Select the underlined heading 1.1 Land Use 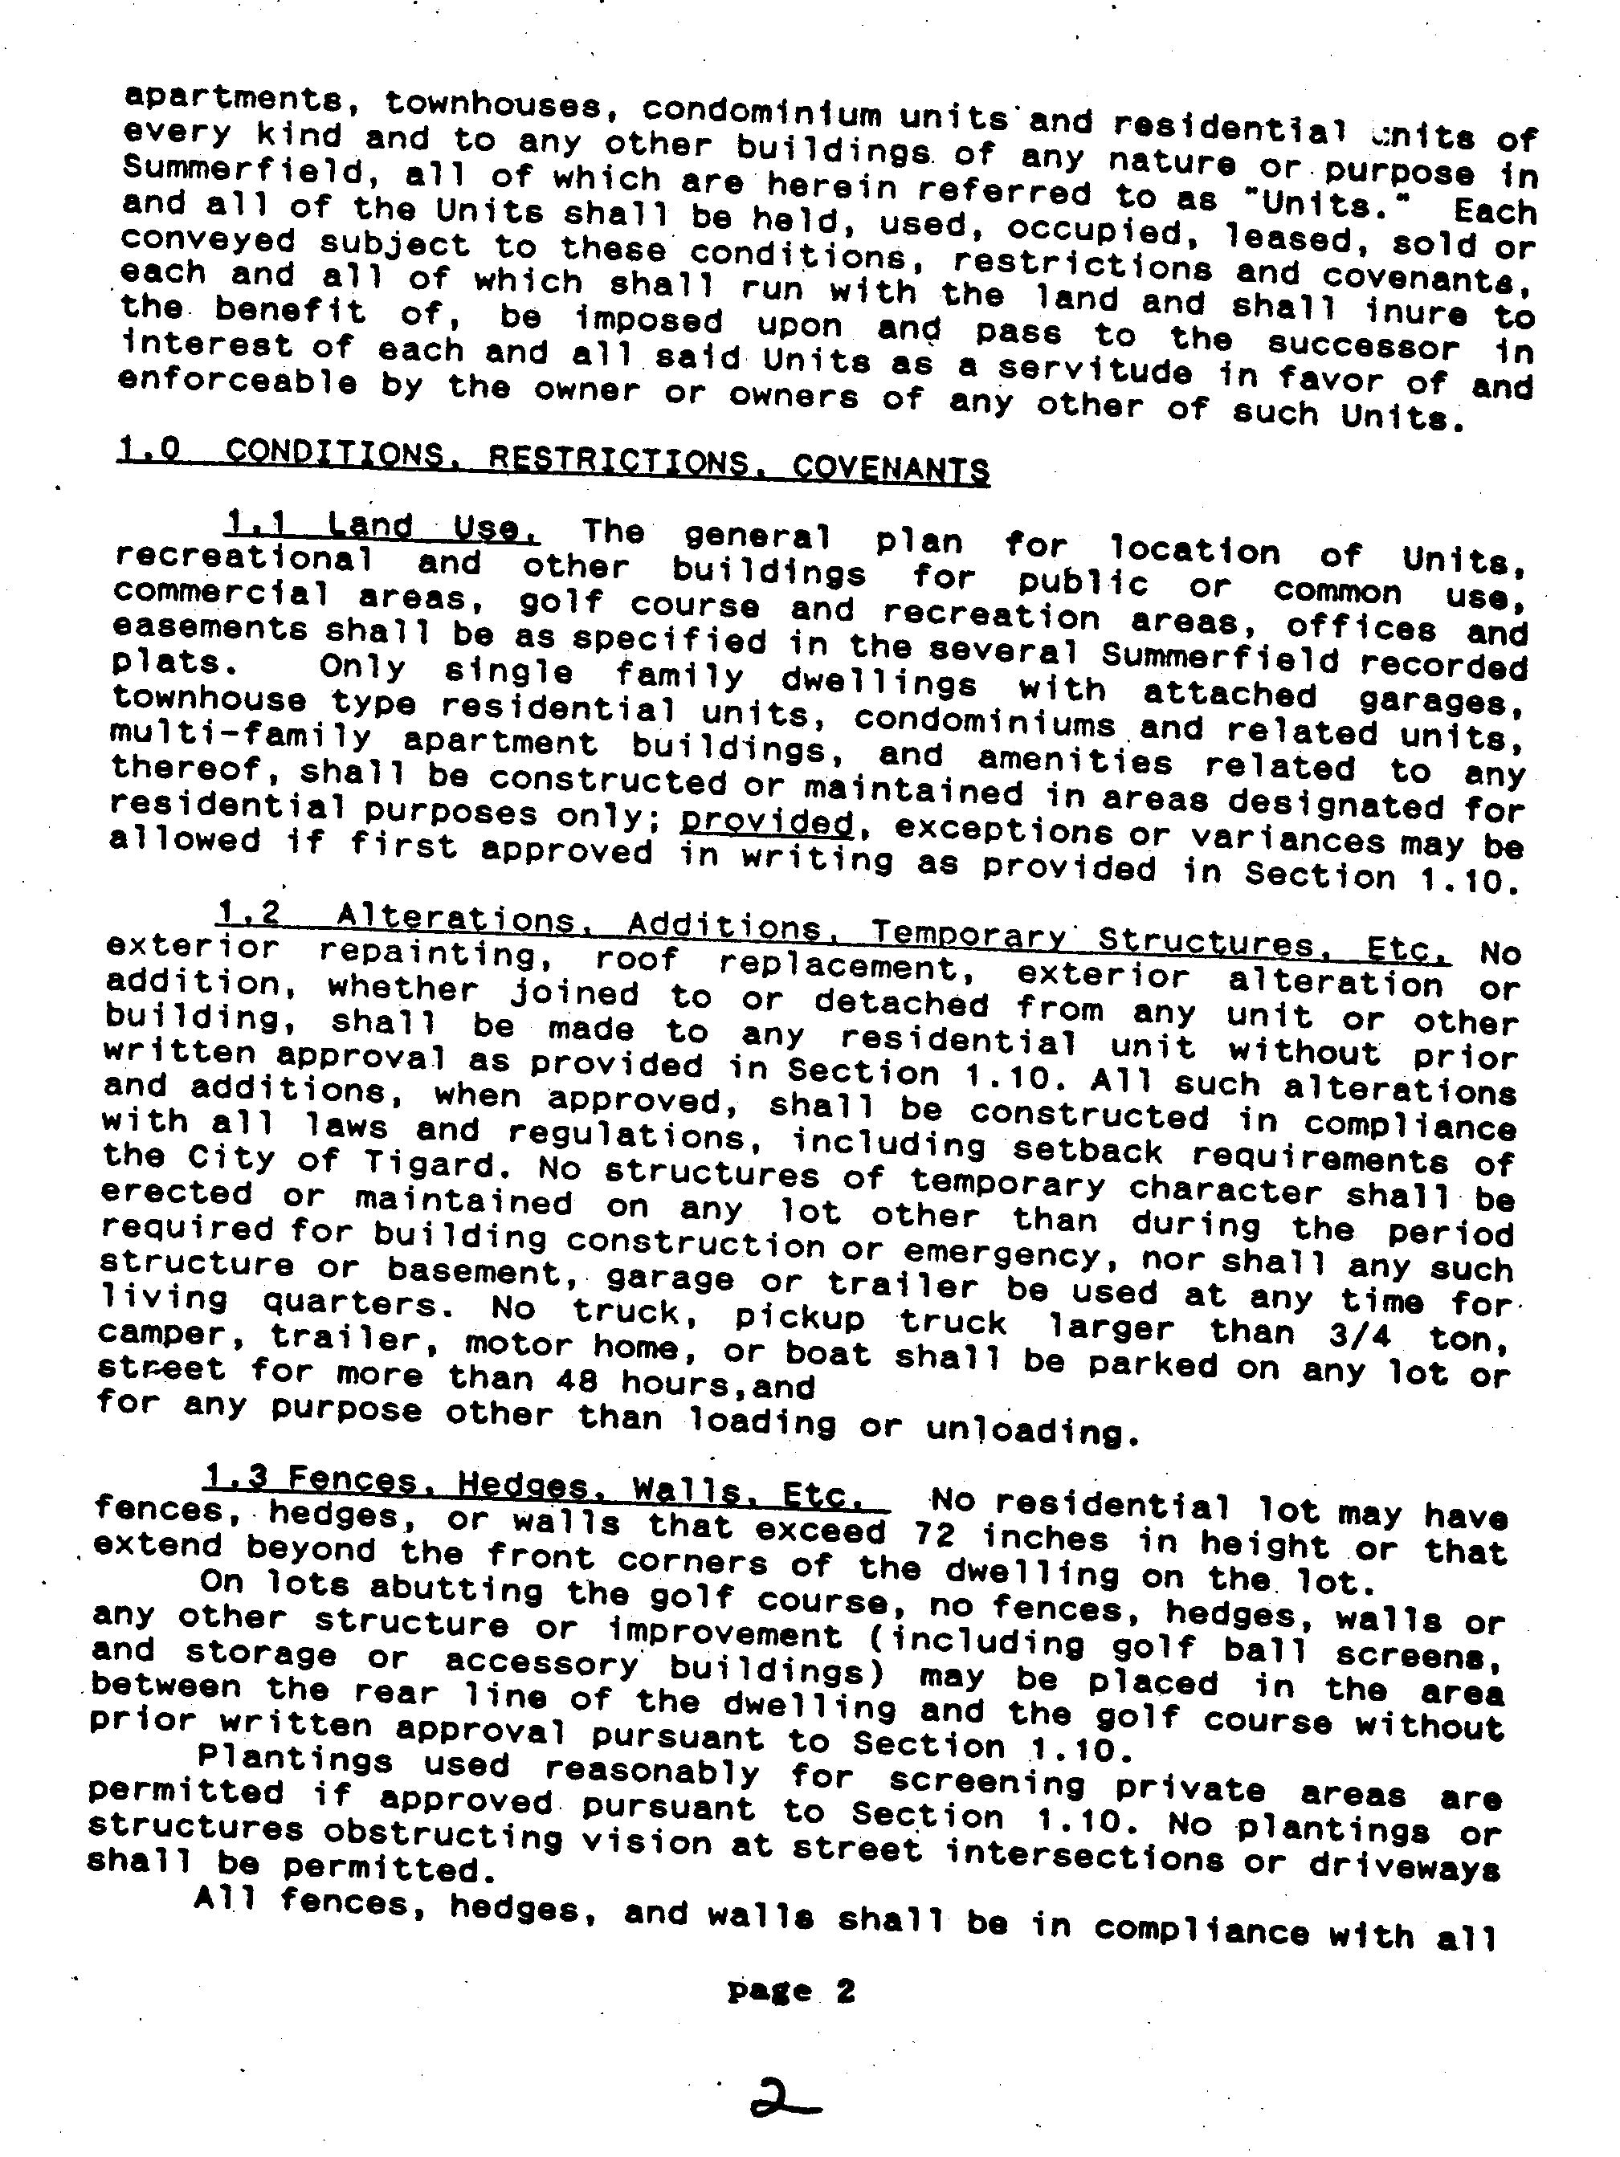(382, 528)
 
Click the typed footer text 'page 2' (791, 1990)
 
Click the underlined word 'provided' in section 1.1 (765, 823)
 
